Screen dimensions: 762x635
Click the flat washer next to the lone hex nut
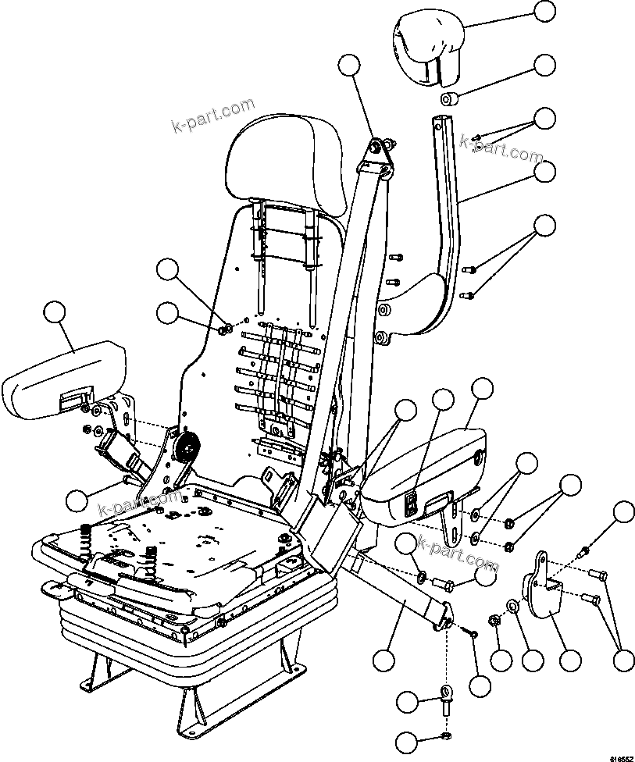click(513, 604)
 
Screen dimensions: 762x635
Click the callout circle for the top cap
click(545, 10)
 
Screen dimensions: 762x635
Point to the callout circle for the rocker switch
click(443, 400)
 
